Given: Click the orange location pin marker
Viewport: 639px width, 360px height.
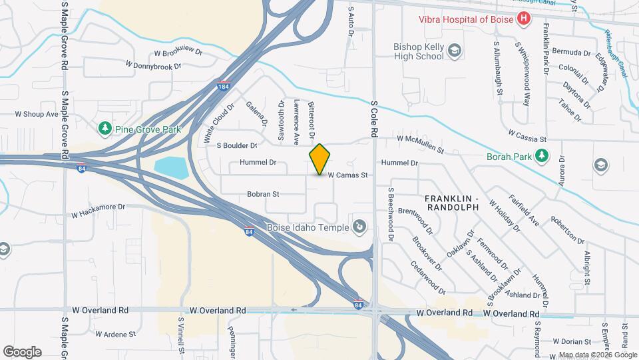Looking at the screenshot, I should [x=320, y=159].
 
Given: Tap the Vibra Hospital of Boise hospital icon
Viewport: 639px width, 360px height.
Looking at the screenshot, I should [x=524, y=19].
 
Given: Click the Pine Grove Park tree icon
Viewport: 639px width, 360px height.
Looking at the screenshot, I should [x=105, y=127].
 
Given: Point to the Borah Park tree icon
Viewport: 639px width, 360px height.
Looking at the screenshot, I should [x=543, y=156].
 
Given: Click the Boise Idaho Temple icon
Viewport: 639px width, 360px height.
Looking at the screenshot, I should [x=360, y=228].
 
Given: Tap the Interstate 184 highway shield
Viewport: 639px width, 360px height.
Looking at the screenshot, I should [x=224, y=87].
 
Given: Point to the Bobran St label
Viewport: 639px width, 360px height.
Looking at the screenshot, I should [x=262, y=194].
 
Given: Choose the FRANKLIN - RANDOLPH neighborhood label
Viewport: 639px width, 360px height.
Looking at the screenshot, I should [x=452, y=203].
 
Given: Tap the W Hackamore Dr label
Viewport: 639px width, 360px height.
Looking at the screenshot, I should [x=99, y=211].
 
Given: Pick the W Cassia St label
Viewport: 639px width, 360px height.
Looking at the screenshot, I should [x=527, y=135].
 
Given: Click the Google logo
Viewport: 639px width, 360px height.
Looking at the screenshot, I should [x=22, y=351].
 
